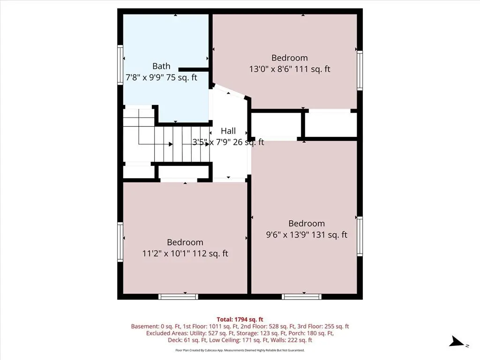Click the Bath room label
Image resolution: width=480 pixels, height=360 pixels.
(x=161, y=66)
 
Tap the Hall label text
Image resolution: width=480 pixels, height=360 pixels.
(x=228, y=131)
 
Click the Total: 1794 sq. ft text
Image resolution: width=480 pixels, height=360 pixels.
(x=240, y=320)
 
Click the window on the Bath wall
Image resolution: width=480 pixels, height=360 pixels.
(x=120, y=65)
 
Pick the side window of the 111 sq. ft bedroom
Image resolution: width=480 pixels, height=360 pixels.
(x=360, y=70)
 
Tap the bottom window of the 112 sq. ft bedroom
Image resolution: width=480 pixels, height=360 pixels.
(x=178, y=296)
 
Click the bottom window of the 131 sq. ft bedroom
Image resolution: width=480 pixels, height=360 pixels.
(x=301, y=296)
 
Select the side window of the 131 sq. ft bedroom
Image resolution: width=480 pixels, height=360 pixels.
(x=360, y=236)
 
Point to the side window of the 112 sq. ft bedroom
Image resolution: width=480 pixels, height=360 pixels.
(x=120, y=242)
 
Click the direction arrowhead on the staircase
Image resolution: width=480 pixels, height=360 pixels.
(x=171, y=144)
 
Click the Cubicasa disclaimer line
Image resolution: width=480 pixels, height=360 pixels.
(x=240, y=350)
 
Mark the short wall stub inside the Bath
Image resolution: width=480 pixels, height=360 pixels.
(x=194, y=70)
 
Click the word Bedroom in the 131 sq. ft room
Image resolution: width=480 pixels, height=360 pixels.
(x=307, y=224)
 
